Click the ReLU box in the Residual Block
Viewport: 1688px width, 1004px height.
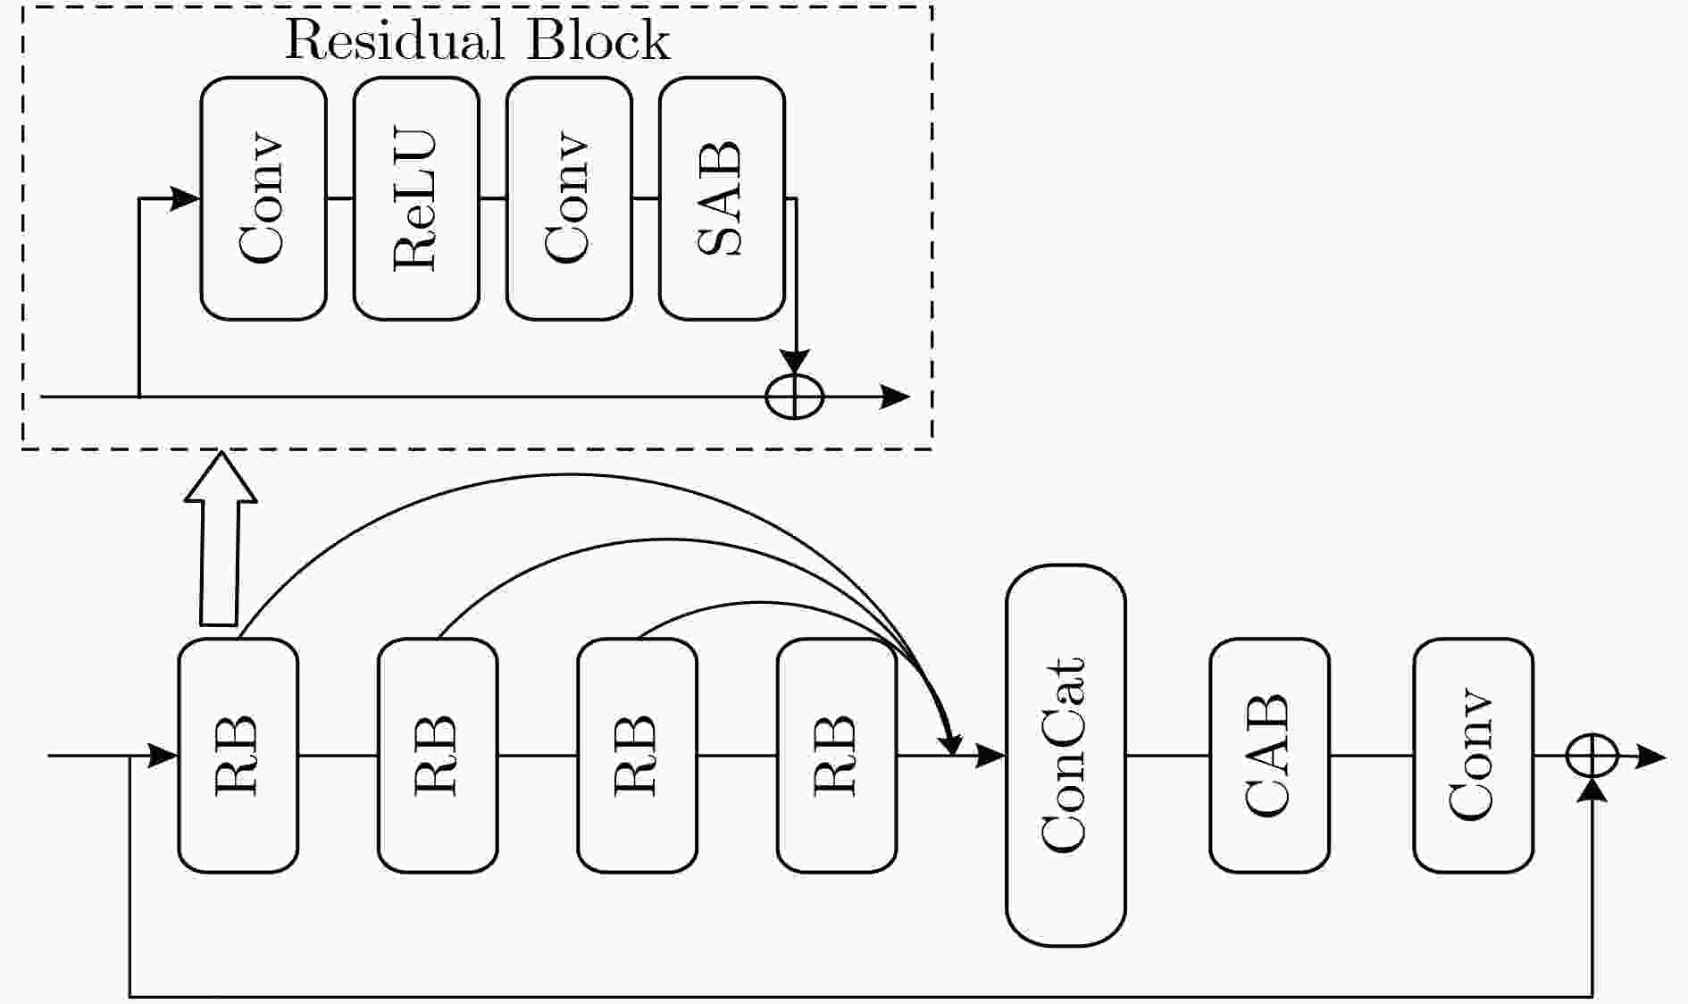pos(416,198)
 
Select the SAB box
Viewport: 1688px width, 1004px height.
pos(722,198)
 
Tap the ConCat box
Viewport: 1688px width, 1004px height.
pos(1065,755)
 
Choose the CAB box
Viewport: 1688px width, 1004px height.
pos(1269,755)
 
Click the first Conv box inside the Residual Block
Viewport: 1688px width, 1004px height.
pos(263,198)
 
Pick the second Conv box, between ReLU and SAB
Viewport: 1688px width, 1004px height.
pos(569,198)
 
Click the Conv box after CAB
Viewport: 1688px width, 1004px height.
pos(1473,755)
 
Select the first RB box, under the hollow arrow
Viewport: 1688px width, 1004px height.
pos(238,755)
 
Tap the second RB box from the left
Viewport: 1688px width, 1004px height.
pos(438,755)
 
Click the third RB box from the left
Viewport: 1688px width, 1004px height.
pos(637,755)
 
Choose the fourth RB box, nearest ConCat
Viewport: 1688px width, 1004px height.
pos(837,755)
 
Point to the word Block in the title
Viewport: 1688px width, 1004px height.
pos(597,40)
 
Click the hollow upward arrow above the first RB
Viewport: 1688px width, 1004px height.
pos(220,538)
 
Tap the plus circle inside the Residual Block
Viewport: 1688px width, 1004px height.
pos(795,397)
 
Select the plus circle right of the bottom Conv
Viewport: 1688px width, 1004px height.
pos(1592,756)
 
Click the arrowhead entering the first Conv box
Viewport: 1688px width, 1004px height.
pos(186,198)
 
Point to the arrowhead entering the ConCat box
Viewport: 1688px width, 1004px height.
pos(991,756)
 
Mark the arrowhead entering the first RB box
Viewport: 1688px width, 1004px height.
pos(163,756)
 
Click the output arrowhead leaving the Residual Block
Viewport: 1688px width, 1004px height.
pos(895,397)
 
